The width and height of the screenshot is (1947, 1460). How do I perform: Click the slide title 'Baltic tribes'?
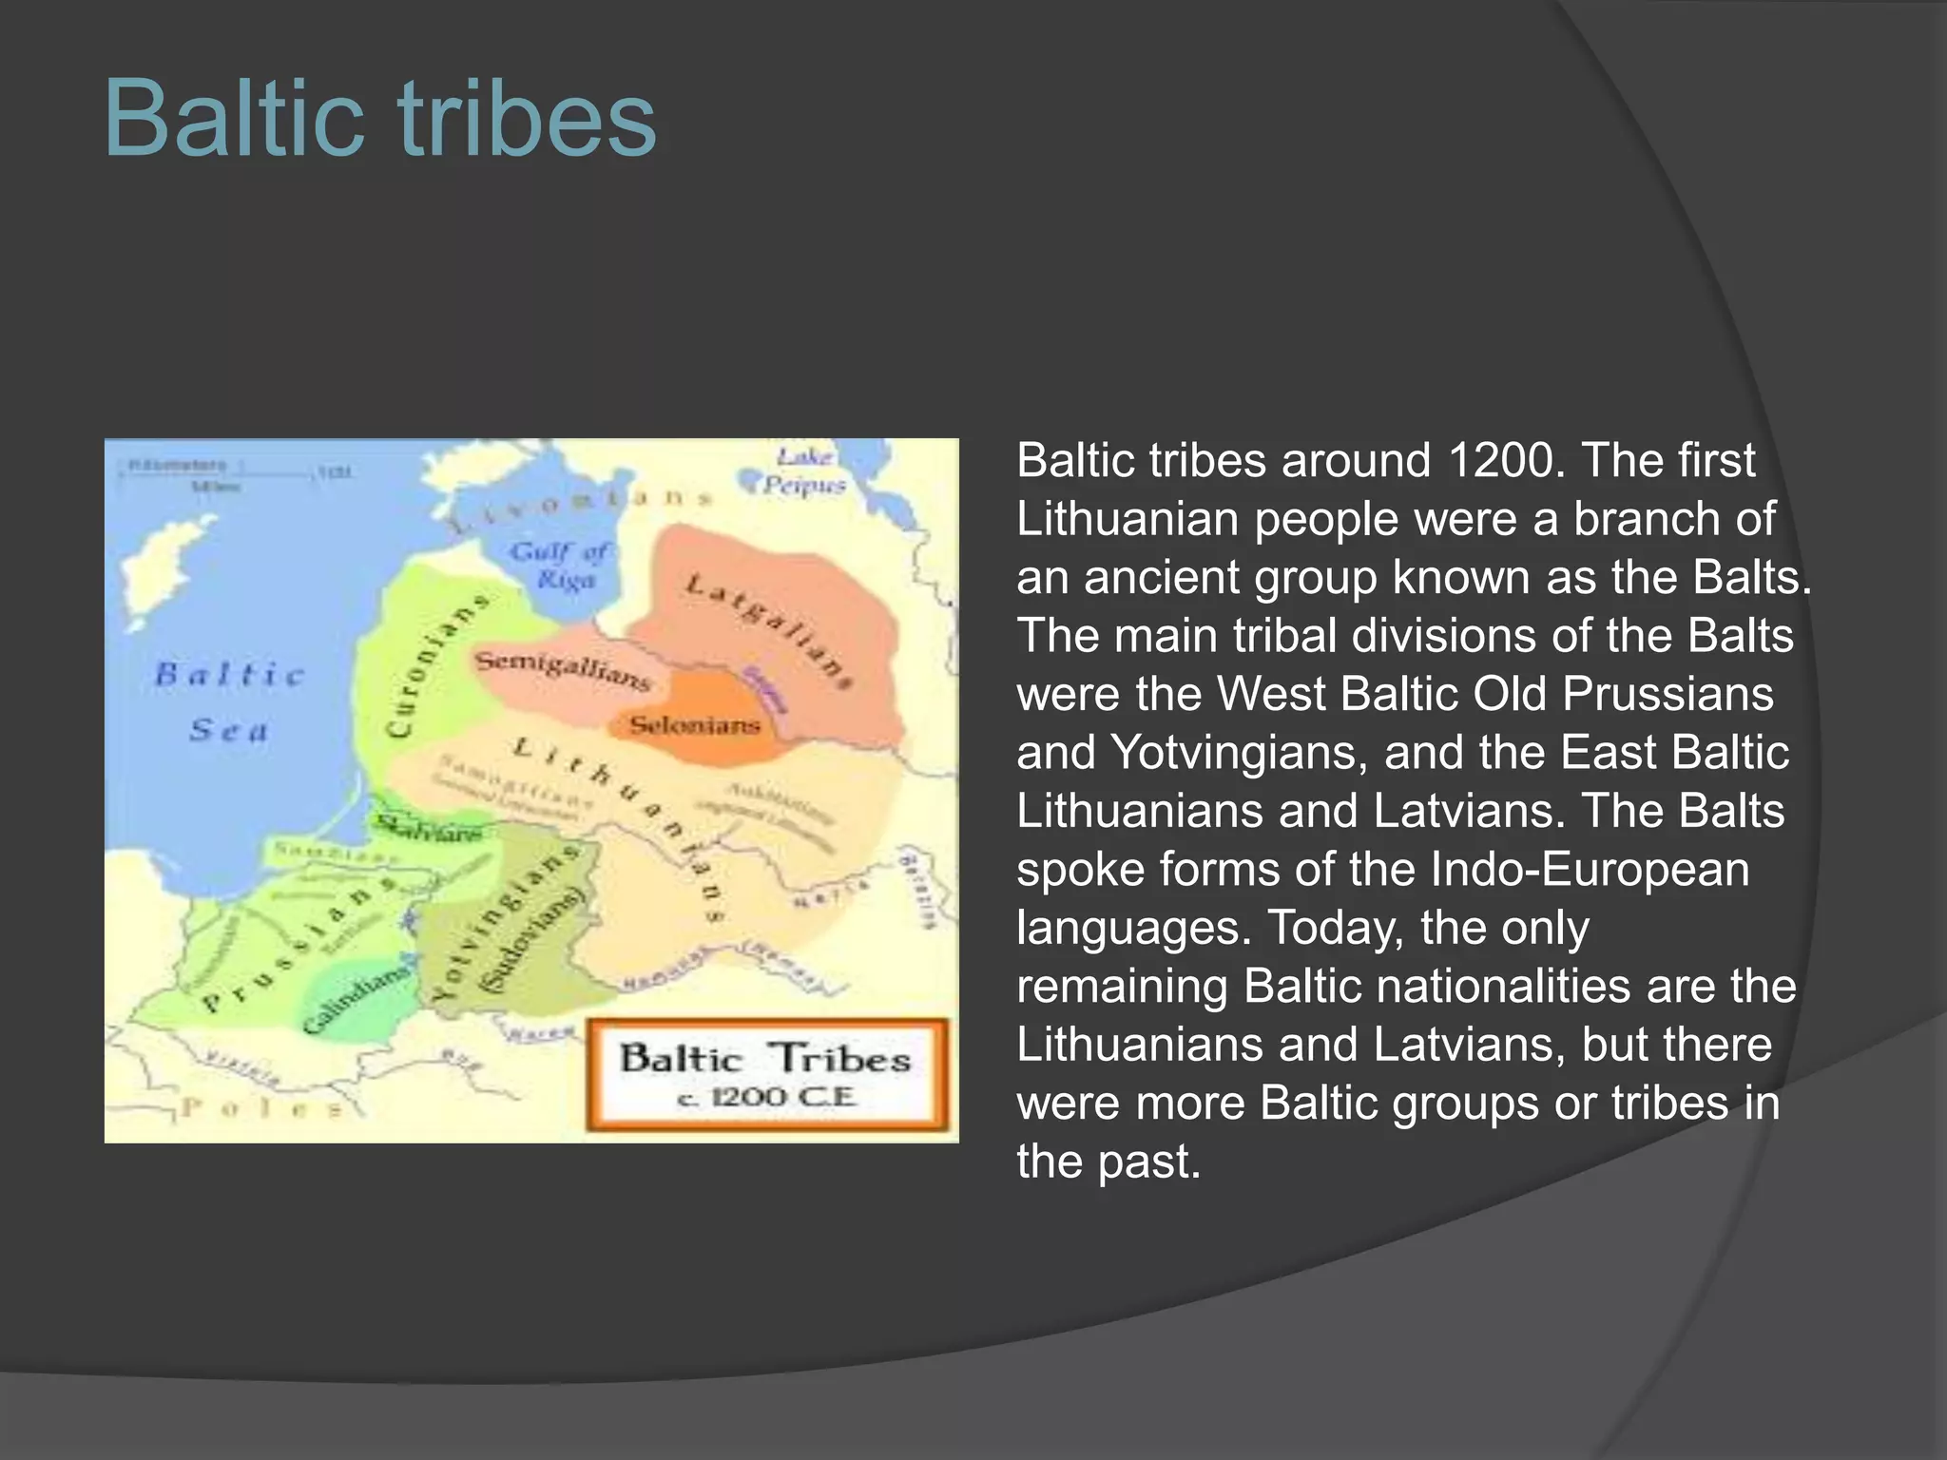[x=379, y=120]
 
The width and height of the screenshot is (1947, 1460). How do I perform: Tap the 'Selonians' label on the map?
[x=695, y=725]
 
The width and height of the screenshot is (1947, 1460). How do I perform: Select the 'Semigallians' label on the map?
[x=563, y=668]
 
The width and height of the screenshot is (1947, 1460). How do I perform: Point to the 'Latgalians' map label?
[x=768, y=628]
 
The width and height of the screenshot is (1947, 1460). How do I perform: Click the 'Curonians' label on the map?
[x=435, y=665]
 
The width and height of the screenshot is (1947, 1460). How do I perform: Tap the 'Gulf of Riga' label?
[x=561, y=566]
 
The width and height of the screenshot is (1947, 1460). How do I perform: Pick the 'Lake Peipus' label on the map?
[x=803, y=471]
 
